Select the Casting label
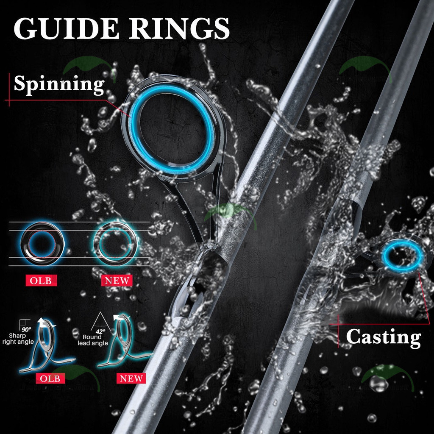tap(384, 337)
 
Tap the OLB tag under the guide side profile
tap(50, 378)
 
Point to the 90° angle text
tap(27, 328)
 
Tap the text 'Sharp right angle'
tap(19, 339)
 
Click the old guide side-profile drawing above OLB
tap(45, 348)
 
